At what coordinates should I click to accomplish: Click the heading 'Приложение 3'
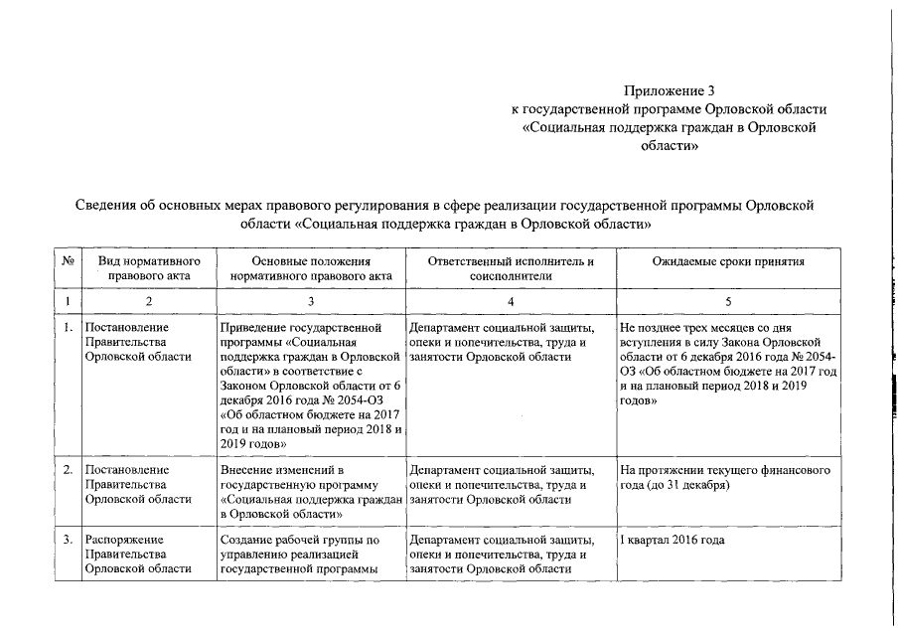tap(668, 91)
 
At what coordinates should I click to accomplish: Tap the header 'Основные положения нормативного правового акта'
tap(311, 269)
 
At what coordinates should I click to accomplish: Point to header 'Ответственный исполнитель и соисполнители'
tap(510, 269)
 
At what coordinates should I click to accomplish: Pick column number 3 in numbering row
tap(311, 300)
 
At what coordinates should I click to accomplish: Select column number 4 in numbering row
tap(510, 300)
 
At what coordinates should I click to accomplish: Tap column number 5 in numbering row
tap(727, 300)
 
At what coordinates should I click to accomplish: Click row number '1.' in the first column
tap(68, 327)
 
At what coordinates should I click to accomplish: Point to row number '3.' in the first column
tap(68, 541)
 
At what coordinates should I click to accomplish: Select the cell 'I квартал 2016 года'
tap(672, 541)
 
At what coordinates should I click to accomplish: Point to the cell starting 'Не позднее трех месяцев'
tap(726, 363)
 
